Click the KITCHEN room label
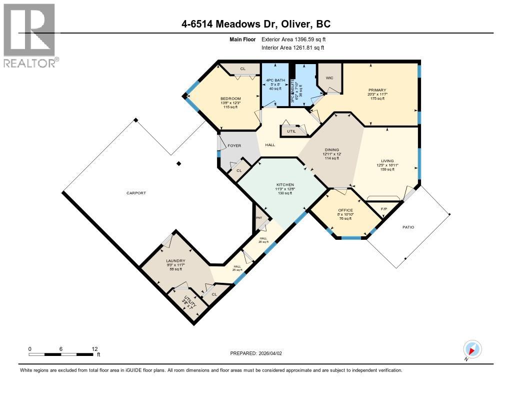pyautogui.click(x=285, y=185)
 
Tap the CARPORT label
pyautogui.click(x=135, y=193)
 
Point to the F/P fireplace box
pyautogui.click(x=384, y=209)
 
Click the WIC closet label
pyautogui.click(x=329, y=78)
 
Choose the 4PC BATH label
pyautogui.click(x=273, y=79)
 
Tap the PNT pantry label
pyautogui.click(x=259, y=218)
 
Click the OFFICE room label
pyautogui.click(x=345, y=210)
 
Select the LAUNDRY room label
pyautogui.click(x=176, y=261)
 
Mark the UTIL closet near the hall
pyautogui.click(x=291, y=131)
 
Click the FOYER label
pyautogui.click(x=234, y=146)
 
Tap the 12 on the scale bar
pyautogui.click(x=94, y=348)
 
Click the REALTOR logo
pyautogui.click(x=30, y=35)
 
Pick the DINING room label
pyautogui.click(x=332, y=149)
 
